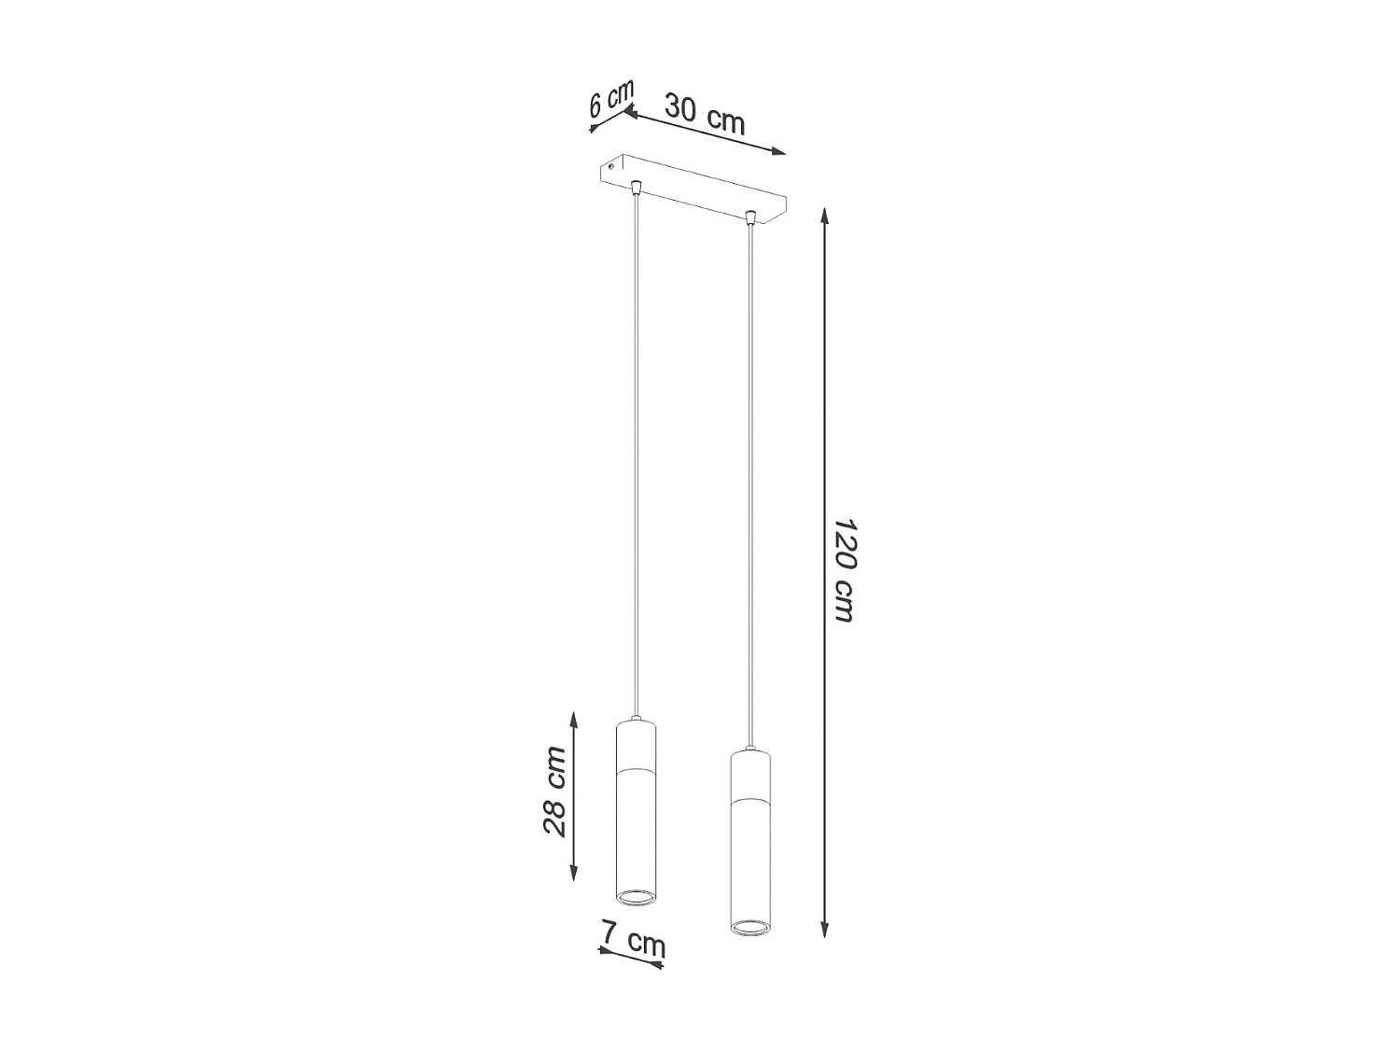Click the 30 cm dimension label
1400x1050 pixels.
(x=705, y=115)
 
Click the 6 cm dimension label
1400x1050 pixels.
(x=611, y=98)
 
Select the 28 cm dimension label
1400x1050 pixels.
(x=554, y=791)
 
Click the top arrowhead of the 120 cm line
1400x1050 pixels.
(x=824, y=216)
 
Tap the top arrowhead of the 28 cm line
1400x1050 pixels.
(x=574, y=717)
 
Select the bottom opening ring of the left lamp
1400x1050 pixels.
(x=636, y=897)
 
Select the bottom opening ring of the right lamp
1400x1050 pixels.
(x=749, y=927)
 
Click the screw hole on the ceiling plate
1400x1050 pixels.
(x=612, y=166)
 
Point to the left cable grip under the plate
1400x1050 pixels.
(x=636, y=188)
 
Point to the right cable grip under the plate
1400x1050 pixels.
(x=749, y=218)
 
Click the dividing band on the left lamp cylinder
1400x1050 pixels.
(x=636, y=770)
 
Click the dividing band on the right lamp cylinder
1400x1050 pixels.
(x=749, y=801)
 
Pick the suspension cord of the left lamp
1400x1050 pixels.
(x=636, y=448)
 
